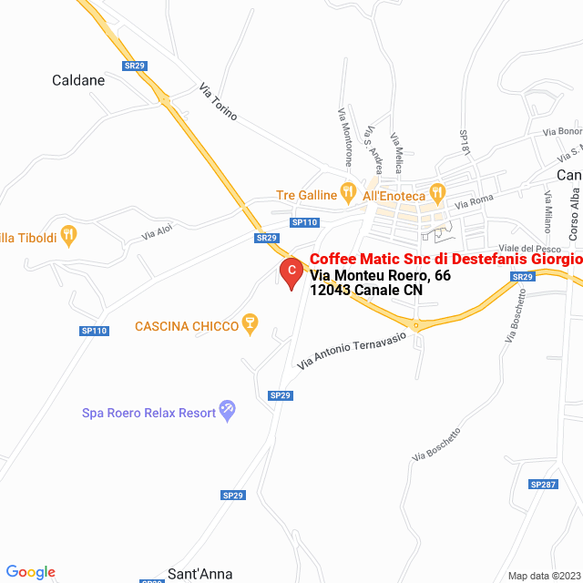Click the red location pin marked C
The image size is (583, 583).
point(291,271)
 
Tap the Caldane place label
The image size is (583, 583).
point(78,80)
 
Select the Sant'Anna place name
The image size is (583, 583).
point(199,574)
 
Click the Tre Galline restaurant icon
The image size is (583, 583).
point(347,193)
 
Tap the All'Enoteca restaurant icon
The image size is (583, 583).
point(437,193)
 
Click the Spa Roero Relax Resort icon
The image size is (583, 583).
point(228,411)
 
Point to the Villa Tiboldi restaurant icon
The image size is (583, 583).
point(69,235)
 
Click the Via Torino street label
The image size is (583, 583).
point(219,103)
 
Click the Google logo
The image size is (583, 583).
point(30,572)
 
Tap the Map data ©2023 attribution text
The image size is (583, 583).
point(543,576)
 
